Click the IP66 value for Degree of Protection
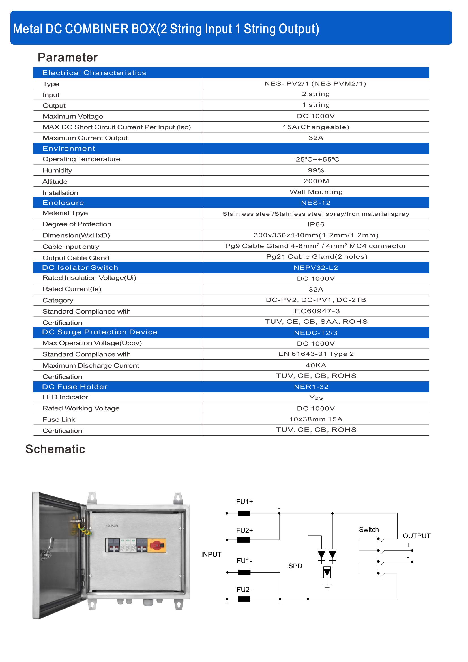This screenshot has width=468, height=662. (316, 224)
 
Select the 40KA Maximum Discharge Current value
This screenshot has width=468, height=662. (316, 365)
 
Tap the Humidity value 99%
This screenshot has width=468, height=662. (316, 170)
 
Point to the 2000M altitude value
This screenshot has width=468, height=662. (316, 181)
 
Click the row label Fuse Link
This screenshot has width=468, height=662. (59, 419)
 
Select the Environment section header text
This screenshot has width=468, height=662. (68, 149)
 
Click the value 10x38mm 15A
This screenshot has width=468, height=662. (316, 419)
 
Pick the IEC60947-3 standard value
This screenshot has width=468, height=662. (316, 311)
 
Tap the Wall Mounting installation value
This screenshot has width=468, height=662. (316, 192)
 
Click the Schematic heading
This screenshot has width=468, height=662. (55, 449)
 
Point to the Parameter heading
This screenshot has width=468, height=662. (68, 58)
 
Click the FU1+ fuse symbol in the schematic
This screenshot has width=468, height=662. (244, 513)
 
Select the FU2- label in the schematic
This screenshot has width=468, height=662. (244, 590)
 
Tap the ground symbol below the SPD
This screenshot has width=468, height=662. (327, 586)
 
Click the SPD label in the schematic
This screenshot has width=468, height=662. (295, 566)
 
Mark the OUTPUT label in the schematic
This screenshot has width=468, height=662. (417, 536)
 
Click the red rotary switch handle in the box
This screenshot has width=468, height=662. (157, 545)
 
